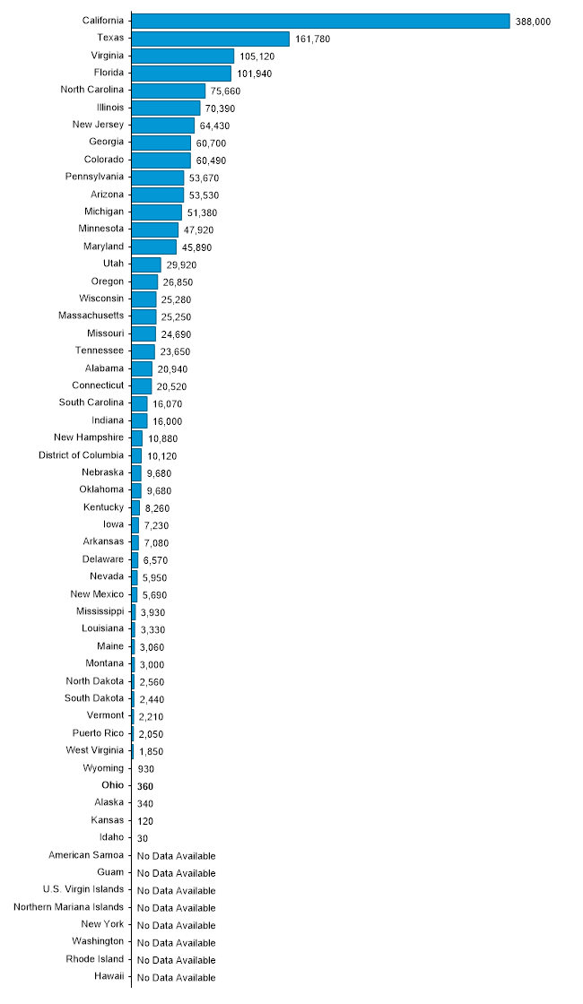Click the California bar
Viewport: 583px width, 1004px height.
pos(320,21)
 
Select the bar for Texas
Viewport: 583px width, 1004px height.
pos(210,39)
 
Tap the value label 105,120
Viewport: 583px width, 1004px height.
pos(257,56)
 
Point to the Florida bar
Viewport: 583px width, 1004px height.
pos(181,73)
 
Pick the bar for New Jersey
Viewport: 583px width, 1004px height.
pos(162,125)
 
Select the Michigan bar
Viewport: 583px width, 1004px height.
pos(156,212)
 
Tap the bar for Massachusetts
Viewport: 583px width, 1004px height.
pos(144,316)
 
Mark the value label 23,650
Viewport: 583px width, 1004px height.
pos(175,352)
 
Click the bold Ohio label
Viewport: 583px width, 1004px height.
pos(113,785)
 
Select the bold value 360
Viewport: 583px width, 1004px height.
pos(145,786)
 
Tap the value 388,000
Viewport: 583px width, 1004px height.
pos(533,22)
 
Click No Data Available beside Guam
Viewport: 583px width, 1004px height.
pos(176,873)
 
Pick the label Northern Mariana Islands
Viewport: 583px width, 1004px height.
pos(69,906)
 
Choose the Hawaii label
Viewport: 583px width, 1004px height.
pos(109,976)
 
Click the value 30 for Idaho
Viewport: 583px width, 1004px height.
pos(143,838)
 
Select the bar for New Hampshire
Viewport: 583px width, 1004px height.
pos(136,438)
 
